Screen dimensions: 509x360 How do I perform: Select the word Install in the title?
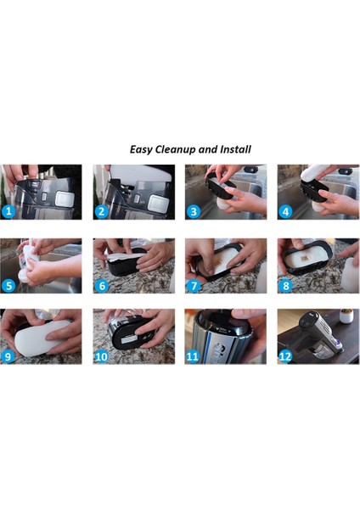[x=234, y=149]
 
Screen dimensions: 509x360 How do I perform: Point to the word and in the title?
[x=209, y=149]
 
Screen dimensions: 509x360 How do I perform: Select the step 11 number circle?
[x=194, y=356]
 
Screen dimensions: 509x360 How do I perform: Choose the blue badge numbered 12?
[x=286, y=356]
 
